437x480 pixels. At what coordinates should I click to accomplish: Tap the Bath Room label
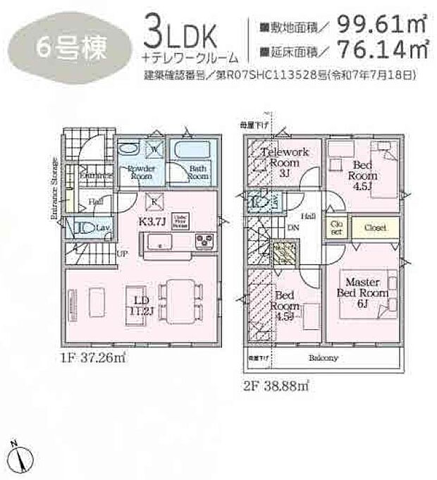(198, 173)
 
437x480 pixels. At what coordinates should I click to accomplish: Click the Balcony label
(322, 358)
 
